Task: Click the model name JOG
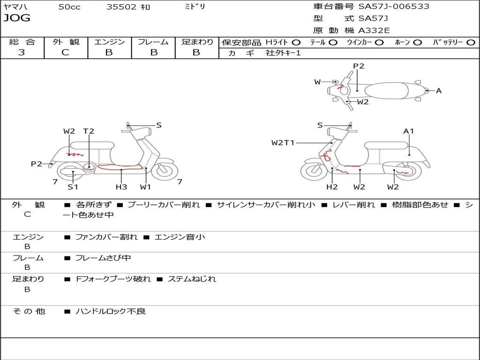pos(17,18)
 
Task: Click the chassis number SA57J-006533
pos(394,7)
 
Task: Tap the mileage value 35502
pos(121,7)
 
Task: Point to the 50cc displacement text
pos(69,7)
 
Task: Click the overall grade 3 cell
pos(22,52)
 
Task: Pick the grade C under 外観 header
pos(65,52)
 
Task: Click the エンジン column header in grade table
pos(109,42)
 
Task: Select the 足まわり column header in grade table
pos(197,42)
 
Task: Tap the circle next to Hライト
pos(296,42)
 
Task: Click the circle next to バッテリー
pos(471,42)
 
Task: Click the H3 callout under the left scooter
pos(121,187)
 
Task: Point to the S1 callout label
pos(73,187)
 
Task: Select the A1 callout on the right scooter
pos(409,131)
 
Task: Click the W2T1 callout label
pos(283,142)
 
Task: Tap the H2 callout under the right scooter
pos(332,187)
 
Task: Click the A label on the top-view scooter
pos(439,91)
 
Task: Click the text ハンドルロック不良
pos(111,311)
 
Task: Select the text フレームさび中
pos(103,258)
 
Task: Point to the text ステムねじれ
pos(192,279)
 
